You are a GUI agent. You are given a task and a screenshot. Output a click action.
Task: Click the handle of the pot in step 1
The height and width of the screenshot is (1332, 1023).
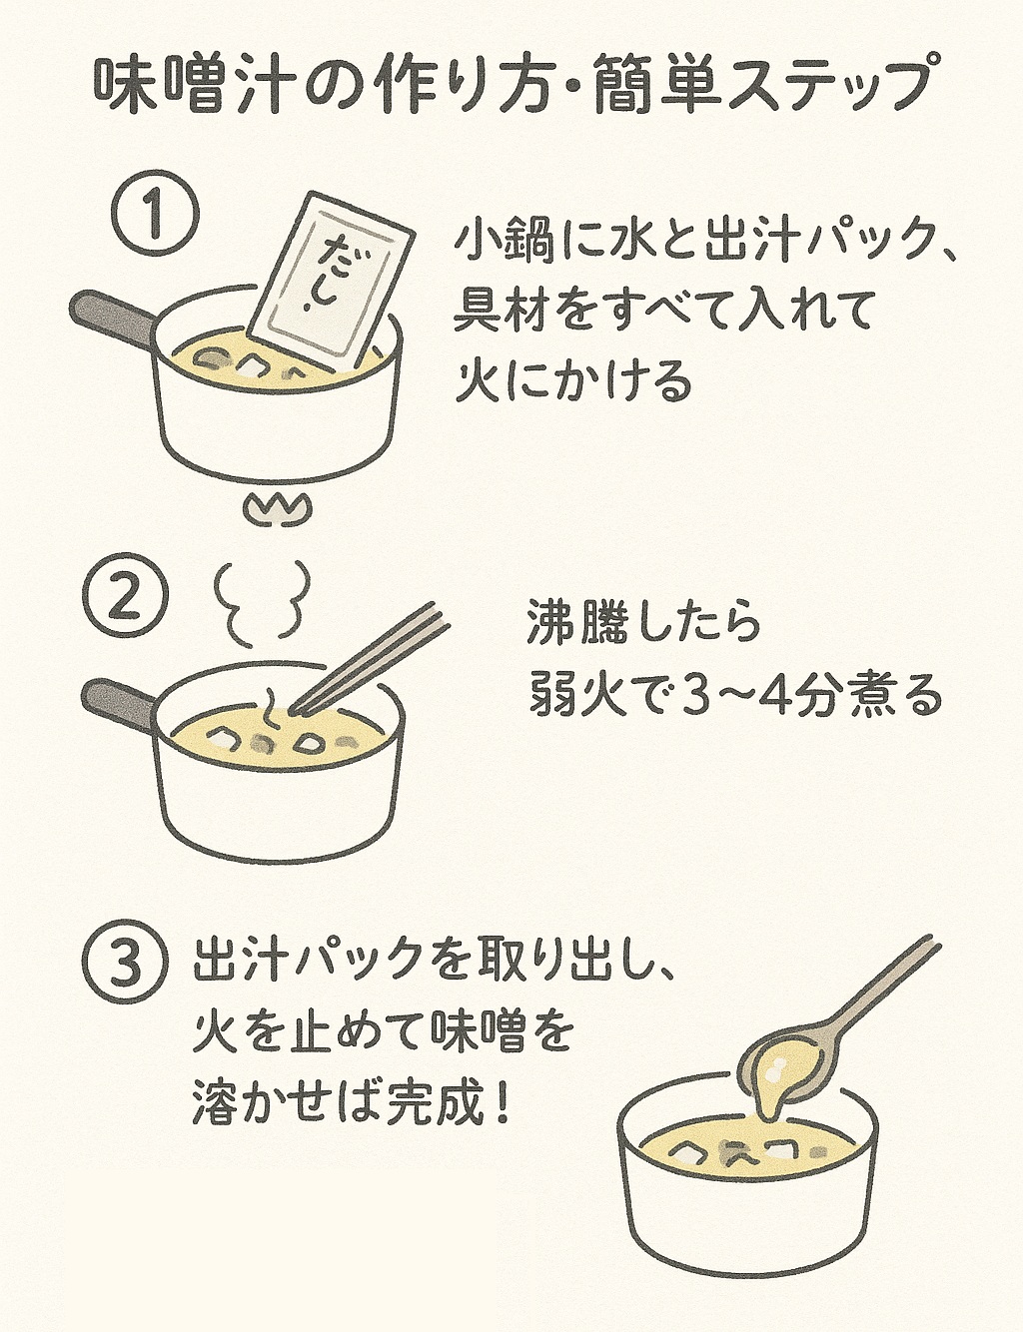pyautogui.click(x=113, y=320)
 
